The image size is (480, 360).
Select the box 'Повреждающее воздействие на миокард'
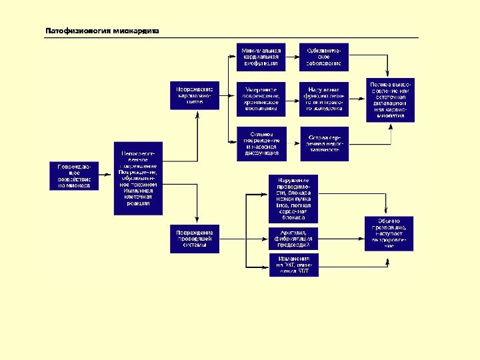(x=74, y=176)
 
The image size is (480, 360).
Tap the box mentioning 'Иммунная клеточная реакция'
(x=139, y=177)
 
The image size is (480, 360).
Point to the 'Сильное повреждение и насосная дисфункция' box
(x=261, y=143)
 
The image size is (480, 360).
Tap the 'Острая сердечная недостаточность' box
(x=323, y=143)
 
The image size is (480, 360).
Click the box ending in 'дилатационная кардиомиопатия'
(x=390, y=100)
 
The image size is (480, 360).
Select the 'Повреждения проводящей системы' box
(x=195, y=239)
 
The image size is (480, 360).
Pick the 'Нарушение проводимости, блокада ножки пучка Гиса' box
(x=293, y=198)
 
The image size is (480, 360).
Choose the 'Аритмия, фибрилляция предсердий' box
(x=293, y=237)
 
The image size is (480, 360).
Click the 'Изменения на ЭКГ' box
(x=293, y=265)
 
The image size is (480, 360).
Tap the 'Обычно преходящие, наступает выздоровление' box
(x=389, y=233)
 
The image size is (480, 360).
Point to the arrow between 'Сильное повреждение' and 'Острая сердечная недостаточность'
(x=292, y=143)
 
